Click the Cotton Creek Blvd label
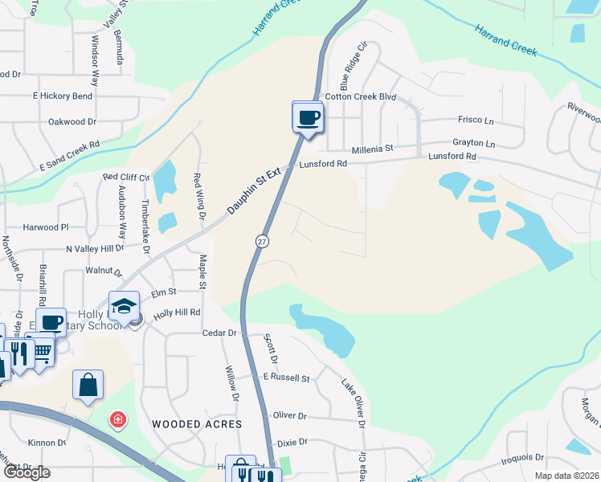pyautogui.click(x=361, y=96)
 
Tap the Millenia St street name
pyautogui.click(x=372, y=149)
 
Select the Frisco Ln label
pyautogui.click(x=476, y=120)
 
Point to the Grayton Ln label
pyautogui.click(x=473, y=143)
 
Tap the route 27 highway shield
pyautogui.click(x=263, y=241)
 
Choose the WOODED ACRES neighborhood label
pyautogui.click(x=197, y=423)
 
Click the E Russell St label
pyautogui.click(x=286, y=377)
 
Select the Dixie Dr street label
pyautogui.click(x=292, y=442)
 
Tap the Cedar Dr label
pyautogui.click(x=221, y=333)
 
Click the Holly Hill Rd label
pyautogui.click(x=177, y=312)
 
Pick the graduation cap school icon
pyautogui.click(x=125, y=307)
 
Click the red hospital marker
pyautogui.click(x=117, y=420)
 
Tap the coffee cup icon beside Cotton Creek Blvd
pyautogui.click(x=307, y=117)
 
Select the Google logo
pyautogui.click(x=27, y=472)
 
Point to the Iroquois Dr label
pyautogui.click(x=521, y=458)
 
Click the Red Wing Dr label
pyautogui.click(x=198, y=197)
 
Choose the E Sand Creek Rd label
pyautogui.click(x=69, y=157)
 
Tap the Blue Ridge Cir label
pyautogui.click(x=352, y=67)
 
